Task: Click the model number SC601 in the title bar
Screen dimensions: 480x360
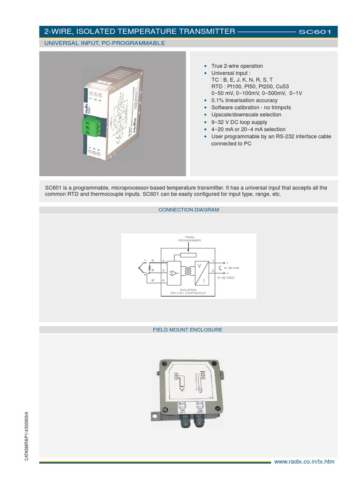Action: pos(315,32)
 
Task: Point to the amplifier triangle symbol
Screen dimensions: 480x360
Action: pos(174,272)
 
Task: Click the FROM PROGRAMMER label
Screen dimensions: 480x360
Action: pos(189,239)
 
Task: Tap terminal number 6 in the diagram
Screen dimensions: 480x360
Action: pos(163,280)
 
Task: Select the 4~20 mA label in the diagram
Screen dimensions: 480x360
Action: pos(232,268)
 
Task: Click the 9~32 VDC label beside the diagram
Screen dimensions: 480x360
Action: pos(226,278)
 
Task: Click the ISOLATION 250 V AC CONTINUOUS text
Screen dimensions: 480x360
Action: pos(189,291)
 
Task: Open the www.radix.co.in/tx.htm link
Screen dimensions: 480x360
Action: pos(304,462)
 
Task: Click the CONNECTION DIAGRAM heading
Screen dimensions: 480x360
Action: pos(188,210)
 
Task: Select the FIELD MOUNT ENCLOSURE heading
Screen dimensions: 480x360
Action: pos(187,330)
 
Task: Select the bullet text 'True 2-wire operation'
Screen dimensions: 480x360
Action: pos(237,66)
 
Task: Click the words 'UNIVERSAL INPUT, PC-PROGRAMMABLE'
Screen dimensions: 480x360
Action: pos(105,43)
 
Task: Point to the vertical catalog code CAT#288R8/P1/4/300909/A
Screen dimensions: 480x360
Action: pos(27,436)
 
